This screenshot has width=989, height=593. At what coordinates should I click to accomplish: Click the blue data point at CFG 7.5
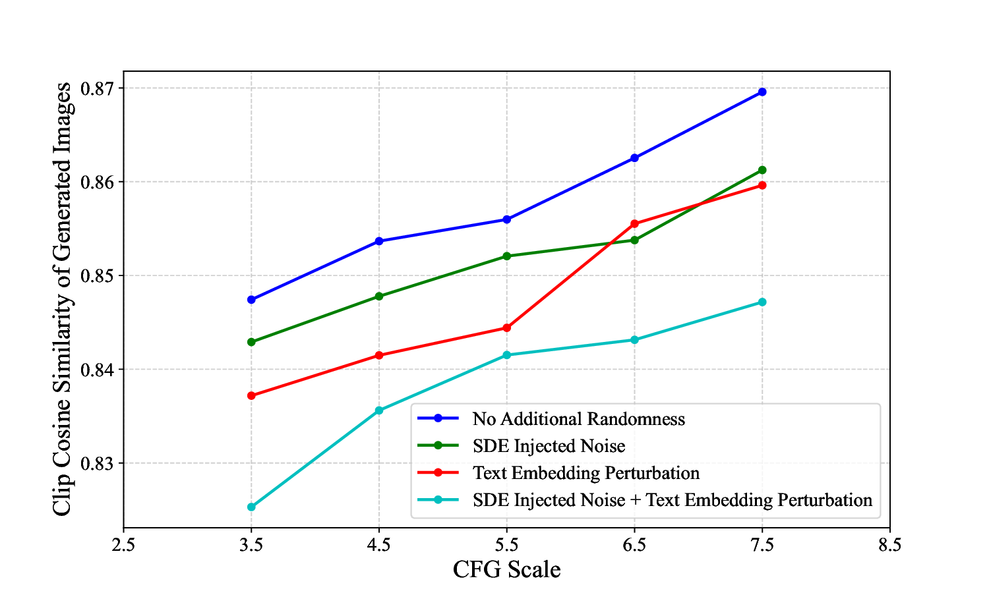click(x=762, y=92)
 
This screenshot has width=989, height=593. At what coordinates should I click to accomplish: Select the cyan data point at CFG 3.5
click(x=251, y=507)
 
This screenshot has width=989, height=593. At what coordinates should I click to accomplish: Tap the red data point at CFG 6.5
click(x=634, y=223)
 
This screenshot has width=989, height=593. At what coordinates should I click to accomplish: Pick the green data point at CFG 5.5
click(x=506, y=256)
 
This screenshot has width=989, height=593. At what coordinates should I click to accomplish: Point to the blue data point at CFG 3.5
click(x=251, y=299)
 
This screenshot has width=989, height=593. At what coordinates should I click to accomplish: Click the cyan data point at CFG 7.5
click(x=762, y=302)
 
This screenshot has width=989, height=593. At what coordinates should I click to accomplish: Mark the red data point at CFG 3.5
click(x=251, y=395)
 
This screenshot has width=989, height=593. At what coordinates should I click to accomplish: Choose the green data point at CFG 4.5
click(x=379, y=296)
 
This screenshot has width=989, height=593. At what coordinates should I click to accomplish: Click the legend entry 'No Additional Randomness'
click(x=578, y=419)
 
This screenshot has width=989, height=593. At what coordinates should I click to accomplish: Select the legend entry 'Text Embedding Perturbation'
click(x=585, y=473)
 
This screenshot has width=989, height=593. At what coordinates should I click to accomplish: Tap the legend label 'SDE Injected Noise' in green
click(x=549, y=446)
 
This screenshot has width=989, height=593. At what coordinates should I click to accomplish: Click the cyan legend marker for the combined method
click(x=438, y=500)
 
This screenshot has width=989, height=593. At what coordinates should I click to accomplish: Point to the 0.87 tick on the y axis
click(x=97, y=88)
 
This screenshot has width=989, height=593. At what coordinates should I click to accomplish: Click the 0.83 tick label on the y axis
click(x=97, y=463)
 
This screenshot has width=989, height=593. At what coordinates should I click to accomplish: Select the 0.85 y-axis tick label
click(x=97, y=275)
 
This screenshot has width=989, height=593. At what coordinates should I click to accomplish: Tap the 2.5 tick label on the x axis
click(x=123, y=545)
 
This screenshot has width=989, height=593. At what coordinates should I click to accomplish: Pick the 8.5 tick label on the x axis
click(x=890, y=545)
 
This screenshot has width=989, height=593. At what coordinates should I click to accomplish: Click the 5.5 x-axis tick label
click(x=506, y=545)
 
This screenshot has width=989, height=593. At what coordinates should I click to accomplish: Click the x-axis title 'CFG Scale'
click(x=506, y=569)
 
